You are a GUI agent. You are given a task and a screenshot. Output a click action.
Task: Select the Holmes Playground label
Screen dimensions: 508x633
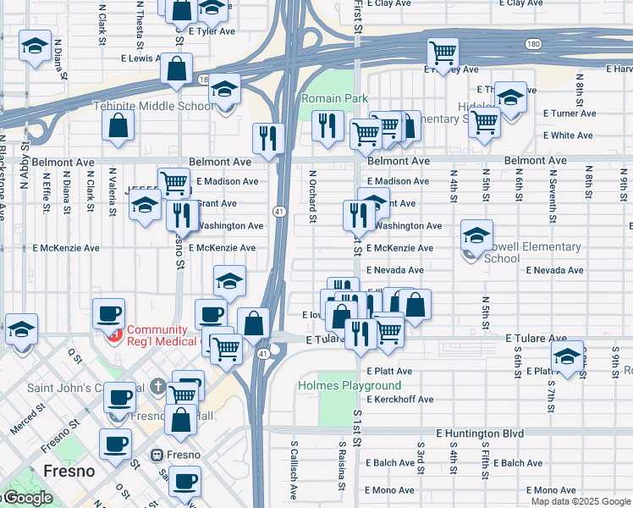(338, 385)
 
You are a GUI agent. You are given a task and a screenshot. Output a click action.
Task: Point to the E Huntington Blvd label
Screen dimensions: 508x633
(480, 433)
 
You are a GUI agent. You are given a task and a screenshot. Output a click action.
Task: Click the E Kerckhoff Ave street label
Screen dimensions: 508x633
(400, 399)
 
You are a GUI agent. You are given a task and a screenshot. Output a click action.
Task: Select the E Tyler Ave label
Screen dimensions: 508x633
(212, 31)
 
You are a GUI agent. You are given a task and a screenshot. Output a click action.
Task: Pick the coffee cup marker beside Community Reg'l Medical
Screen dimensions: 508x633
(108, 314)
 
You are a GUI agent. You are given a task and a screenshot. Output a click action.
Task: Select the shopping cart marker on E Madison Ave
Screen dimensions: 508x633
(174, 182)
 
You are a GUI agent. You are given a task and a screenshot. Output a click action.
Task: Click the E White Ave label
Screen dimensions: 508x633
(568, 135)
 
